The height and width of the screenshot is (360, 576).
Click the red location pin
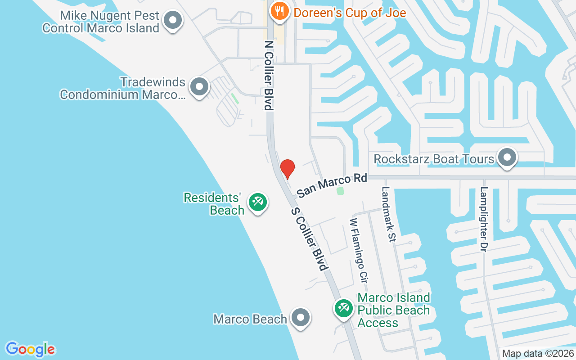coord(287,168)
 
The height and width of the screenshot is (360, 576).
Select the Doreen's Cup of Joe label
coord(350,12)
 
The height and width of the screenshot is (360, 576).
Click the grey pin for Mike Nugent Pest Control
coord(172,20)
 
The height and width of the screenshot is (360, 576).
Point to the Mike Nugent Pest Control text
coord(101,22)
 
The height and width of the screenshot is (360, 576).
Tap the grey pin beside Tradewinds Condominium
coord(199,86)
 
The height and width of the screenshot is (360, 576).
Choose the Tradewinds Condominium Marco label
coord(122,88)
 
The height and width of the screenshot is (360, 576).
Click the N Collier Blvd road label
coord(269,75)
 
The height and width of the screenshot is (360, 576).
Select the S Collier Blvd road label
coord(309,239)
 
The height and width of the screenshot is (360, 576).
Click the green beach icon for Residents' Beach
coord(257,202)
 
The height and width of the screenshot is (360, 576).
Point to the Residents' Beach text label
coord(213,204)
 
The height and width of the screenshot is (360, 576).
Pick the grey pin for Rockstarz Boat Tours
coord(507,158)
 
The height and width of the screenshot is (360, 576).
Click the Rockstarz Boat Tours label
coord(434,159)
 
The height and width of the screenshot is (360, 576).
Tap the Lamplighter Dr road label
coord(484,219)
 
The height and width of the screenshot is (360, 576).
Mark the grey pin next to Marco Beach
coord(300,318)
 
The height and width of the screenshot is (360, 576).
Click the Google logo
coord(30,349)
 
